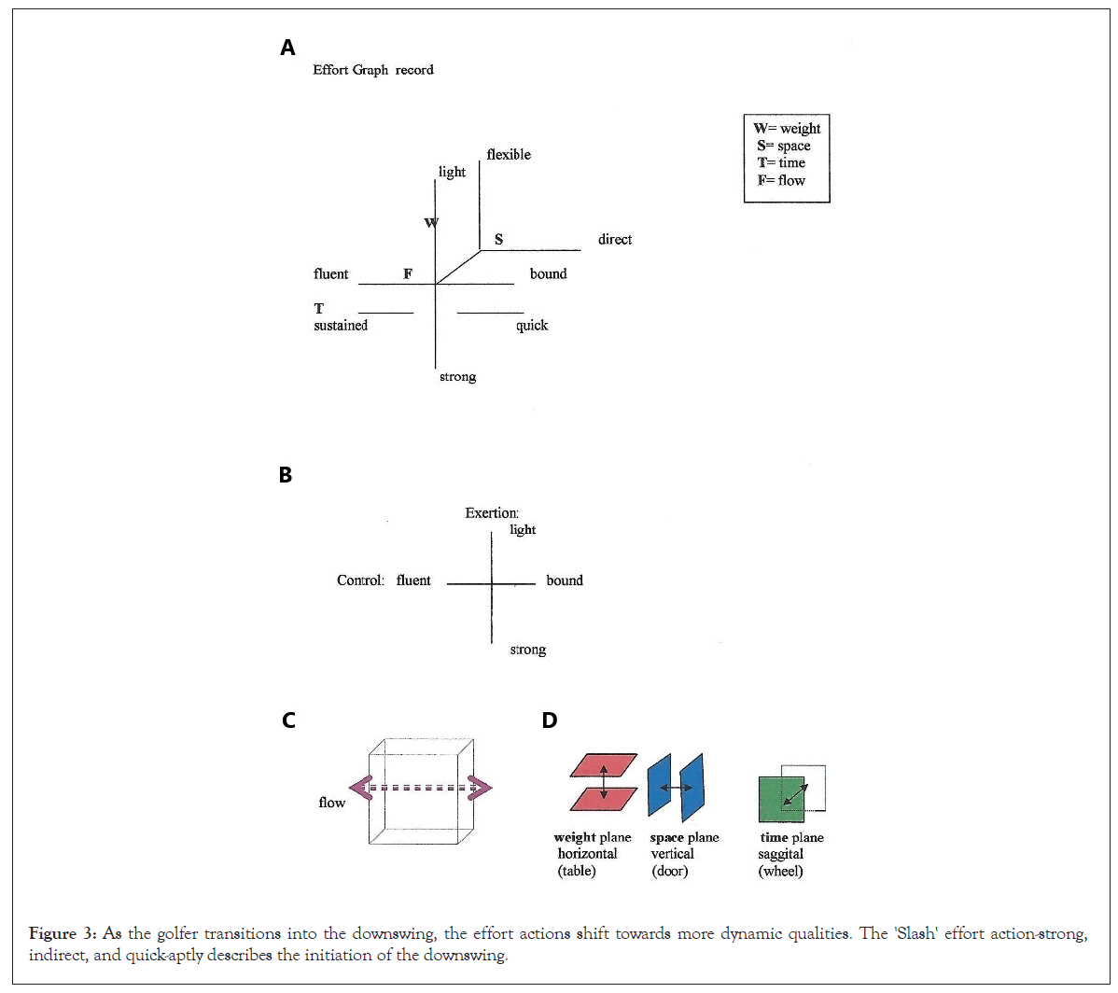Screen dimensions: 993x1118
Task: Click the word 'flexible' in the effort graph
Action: click(x=509, y=155)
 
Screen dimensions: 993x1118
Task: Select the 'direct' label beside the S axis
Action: click(x=615, y=240)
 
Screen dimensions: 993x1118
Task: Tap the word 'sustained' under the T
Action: click(x=341, y=326)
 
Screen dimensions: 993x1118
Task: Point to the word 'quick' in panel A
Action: click(x=532, y=326)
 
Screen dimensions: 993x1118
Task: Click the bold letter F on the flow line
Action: click(x=408, y=273)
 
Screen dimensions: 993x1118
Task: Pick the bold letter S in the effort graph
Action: click(x=498, y=240)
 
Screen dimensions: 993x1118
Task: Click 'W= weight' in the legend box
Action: click(x=787, y=129)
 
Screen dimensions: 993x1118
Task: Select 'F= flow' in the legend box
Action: click(x=781, y=180)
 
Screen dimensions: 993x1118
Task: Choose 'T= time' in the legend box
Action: click(x=781, y=162)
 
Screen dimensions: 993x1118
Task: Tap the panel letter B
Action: click(x=286, y=475)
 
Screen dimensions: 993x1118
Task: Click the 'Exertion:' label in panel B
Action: click(x=492, y=512)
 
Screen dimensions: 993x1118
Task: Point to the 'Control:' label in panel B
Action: click(x=360, y=580)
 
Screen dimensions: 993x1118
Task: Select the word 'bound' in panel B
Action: click(x=565, y=580)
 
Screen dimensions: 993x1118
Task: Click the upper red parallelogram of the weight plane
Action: click(x=604, y=765)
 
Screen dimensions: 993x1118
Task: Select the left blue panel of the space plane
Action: click(x=659, y=785)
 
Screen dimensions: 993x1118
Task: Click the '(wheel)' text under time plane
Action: click(x=780, y=872)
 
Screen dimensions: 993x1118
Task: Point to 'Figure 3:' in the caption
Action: click(x=63, y=933)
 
